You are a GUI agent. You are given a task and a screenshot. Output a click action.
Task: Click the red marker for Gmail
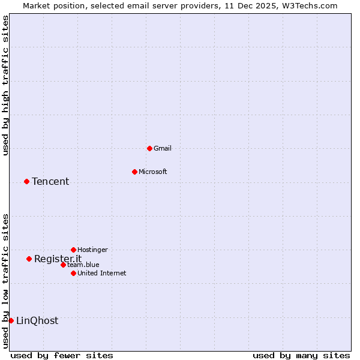click(149, 148)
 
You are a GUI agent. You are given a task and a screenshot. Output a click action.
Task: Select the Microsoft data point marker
click(134, 172)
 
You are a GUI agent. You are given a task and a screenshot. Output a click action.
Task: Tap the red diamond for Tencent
click(26, 181)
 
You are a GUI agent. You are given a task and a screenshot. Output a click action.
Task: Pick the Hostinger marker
click(73, 250)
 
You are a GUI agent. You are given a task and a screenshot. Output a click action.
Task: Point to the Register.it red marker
click(29, 259)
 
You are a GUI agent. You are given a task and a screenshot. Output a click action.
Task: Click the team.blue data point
click(63, 265)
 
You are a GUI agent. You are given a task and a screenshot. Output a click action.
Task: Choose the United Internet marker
click(73, 273)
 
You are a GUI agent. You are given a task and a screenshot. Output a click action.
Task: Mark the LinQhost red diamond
click(11, 320)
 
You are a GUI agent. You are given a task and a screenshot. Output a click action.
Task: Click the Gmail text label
click(163, 148)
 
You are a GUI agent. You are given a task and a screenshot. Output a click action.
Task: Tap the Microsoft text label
click(153, 172)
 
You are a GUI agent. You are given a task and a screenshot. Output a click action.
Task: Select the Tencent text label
click(50, 182)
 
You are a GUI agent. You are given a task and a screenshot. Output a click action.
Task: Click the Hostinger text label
click(93, 250)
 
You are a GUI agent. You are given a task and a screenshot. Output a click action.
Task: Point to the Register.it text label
click(58, 259)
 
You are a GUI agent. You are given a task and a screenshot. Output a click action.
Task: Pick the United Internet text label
click(102, 273)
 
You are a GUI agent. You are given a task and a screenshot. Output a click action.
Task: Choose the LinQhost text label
click(37, 321)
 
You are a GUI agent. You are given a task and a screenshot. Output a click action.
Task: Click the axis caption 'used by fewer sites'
click(62, 355)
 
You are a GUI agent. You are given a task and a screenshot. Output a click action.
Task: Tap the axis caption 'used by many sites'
click(301, 355)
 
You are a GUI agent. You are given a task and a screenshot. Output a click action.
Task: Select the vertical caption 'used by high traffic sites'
click(5, 86)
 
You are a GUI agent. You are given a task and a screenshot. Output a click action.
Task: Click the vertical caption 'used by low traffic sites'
click(5, 280)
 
